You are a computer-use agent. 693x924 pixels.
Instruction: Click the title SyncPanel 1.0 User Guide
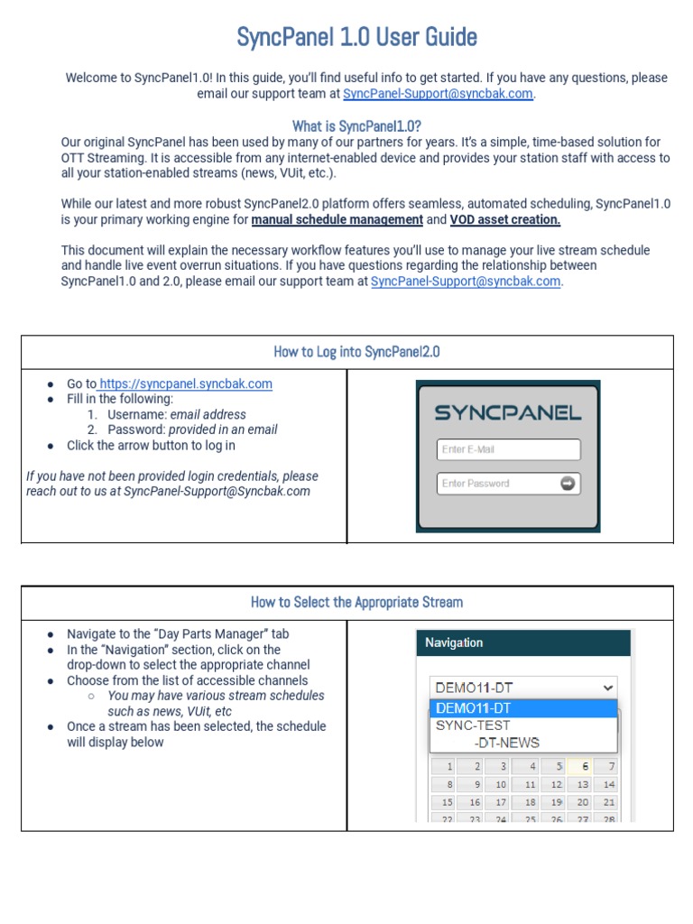point(356,37)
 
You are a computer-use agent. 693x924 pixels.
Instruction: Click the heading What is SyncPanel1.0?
point(356,125)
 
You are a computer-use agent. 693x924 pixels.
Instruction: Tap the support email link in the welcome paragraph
point(438,94)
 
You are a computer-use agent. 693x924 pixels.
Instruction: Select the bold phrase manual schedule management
point(337,219)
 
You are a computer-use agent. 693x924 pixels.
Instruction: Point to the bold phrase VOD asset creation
point(505,219)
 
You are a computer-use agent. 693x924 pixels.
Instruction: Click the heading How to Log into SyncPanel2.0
point(356,352)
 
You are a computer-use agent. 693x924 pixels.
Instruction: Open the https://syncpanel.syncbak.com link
point(185,383)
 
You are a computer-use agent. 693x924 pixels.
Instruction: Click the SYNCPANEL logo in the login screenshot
point(508,413)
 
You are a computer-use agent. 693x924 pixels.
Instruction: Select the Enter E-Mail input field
point(508,449)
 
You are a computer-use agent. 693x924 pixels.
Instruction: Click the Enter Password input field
point(496,484)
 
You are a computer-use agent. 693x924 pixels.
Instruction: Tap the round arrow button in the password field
point(568,484)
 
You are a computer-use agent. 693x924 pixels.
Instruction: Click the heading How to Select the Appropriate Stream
point(356,602)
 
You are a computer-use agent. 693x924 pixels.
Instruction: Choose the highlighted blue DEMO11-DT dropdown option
point(523,708)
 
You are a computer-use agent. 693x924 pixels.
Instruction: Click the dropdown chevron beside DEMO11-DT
point(606,688)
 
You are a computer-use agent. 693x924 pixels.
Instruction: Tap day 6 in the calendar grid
point(584,767)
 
